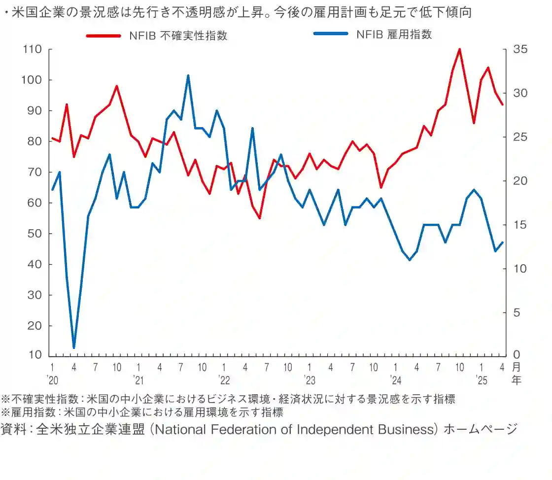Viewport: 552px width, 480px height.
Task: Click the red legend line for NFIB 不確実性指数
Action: tap(103, 35)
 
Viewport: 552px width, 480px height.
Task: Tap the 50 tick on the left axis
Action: tap(34, 234)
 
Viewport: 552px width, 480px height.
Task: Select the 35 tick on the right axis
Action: tap(519, 49)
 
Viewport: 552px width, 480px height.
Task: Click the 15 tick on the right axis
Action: tap(519, 225)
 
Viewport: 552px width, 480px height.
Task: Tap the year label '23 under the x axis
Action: tap(309, 379)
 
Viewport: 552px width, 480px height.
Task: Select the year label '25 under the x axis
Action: tap(481, 379)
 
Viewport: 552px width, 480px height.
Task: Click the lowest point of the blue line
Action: tap(74, 348)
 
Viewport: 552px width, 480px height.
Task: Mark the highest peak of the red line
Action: tap(459, 49)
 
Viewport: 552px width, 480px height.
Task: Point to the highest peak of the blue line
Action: tap(188, 76)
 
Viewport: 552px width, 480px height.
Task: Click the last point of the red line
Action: tap(502, 104)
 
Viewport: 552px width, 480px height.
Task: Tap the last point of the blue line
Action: tap(502, 242)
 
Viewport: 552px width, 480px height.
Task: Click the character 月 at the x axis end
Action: tap(516, 367)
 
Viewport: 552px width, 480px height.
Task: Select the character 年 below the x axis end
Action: tap(516, 380)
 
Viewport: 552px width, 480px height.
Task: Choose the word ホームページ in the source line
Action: tap(481, 429)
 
